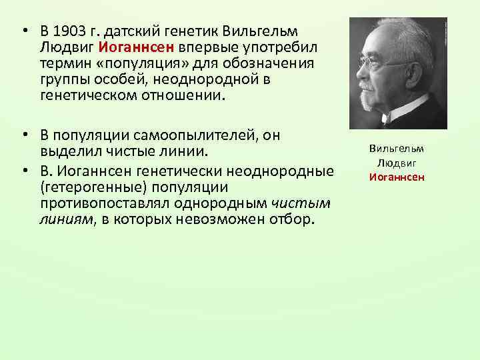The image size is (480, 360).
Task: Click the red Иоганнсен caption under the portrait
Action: click(397, 177)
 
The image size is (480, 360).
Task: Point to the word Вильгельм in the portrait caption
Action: click(398, 149)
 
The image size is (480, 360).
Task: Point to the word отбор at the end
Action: click(291, 219)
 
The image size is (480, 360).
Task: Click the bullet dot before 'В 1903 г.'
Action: click(23, 32)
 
